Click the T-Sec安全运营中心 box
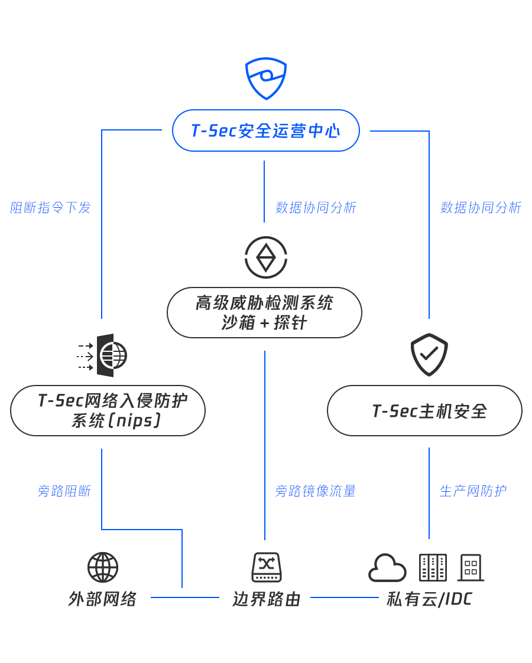[266, 130]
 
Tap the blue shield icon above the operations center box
[266, 78]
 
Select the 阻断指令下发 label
[51, 208]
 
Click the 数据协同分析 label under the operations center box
[316, 208]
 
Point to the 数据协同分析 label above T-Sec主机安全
[481, 208]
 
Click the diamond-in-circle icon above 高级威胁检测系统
[266, 257]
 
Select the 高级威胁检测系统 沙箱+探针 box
[264, 312]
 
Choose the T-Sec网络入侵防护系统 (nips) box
[108, 410]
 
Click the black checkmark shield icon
[429, 354]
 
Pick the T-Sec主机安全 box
[424, 410]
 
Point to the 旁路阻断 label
[64, 491]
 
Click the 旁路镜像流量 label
[315, 491]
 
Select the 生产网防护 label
[472, 491]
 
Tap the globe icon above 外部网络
[103, 567]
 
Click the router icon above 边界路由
[267, 567]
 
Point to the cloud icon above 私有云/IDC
[387, 568]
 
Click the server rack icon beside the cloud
[433, 567]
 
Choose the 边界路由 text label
[267, 599]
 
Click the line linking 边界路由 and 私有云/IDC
[344, 597]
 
